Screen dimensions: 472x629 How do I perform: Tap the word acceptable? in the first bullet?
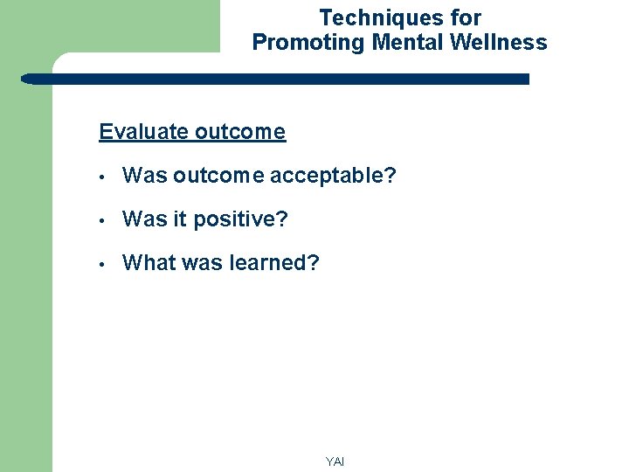click(333, 176)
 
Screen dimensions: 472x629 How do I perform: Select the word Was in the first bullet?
click(145, 176)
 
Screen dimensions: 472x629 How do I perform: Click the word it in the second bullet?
click(179, 219)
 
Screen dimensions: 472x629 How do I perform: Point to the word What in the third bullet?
click(149, 263)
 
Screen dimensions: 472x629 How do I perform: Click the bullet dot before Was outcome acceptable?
click(103, 177)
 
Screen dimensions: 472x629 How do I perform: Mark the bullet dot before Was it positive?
click(103, 220)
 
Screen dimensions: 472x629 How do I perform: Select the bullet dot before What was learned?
click(103, 264)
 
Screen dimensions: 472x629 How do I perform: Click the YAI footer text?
click(335, 462)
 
